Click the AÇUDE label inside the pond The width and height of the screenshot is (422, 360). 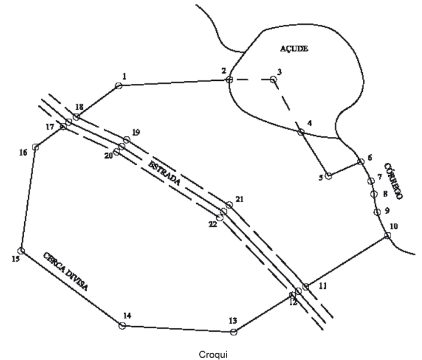click(294, 49)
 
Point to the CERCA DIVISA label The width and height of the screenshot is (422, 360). click(66, 271)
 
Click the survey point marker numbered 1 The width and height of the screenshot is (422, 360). click(118, 86)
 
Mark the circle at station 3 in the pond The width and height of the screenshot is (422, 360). click(273, 79)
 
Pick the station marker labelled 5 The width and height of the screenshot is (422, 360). click(328, 176)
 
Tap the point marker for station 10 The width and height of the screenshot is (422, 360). click(387, 236)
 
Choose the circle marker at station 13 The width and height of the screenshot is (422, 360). click(234, 331)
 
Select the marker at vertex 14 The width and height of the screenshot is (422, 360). click(123, 326)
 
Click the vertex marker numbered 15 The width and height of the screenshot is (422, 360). click(21, 250)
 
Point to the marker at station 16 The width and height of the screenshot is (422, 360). click(36, 147)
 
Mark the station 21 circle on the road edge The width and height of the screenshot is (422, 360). click(229, 205)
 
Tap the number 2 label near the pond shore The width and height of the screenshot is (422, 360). click(223, 71)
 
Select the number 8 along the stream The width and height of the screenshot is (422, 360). click(385, 194)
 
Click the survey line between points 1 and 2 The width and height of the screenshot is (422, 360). click(174, 83)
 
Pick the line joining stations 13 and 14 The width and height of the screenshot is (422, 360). click(178, 328)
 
